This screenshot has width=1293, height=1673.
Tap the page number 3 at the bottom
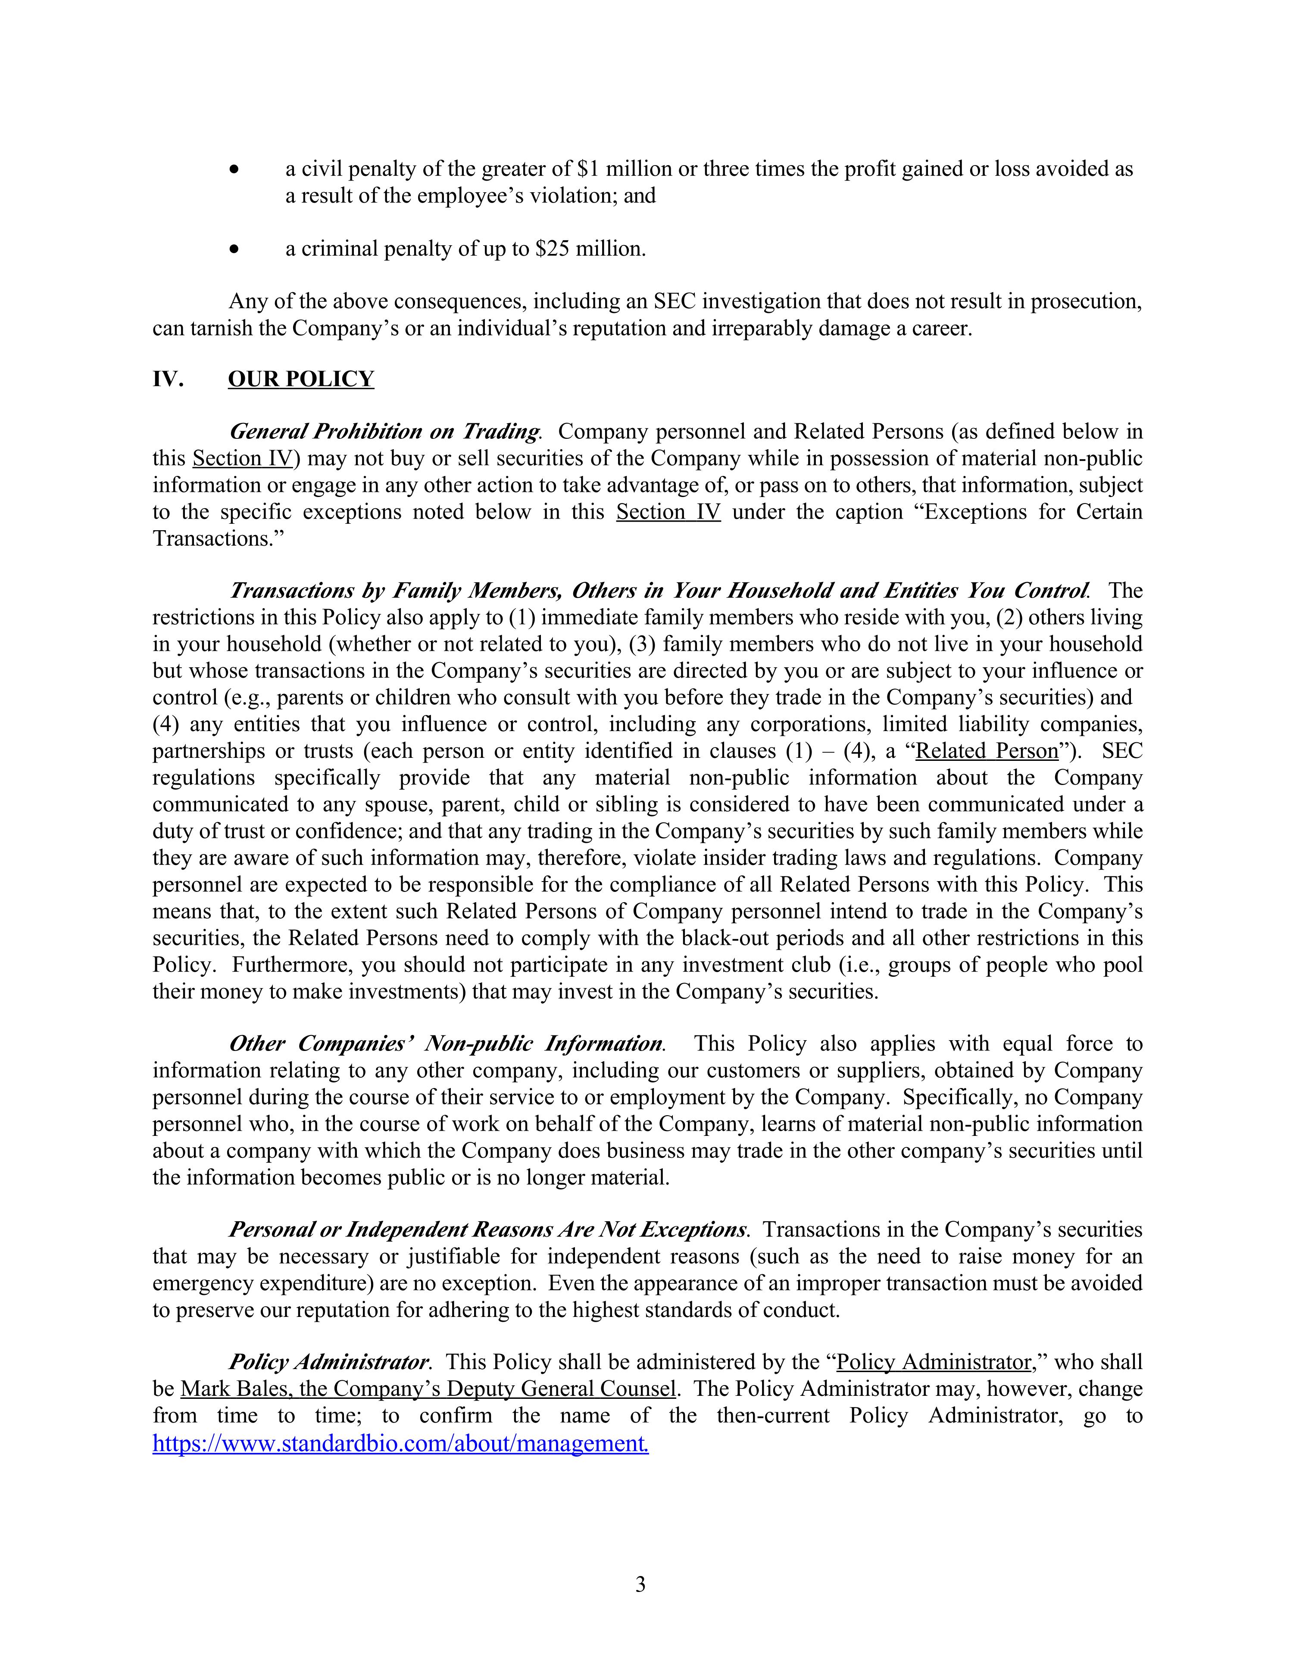point(640,1584)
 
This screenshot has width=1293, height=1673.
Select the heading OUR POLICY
point(300,379)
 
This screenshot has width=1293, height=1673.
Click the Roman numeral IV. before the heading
point(168,379)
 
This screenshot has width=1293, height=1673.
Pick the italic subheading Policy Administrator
point(328,1362)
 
